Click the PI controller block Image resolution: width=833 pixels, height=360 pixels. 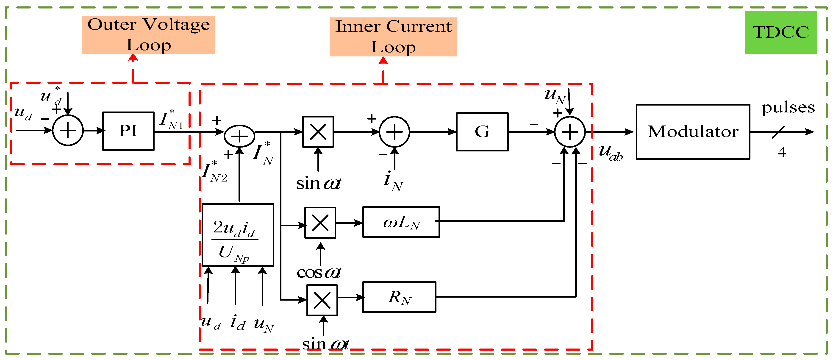coord(128,131)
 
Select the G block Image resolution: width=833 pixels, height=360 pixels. coord(482,132)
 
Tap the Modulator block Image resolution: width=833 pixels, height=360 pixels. coord(693,132)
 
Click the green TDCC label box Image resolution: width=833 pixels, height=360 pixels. coord(781,32)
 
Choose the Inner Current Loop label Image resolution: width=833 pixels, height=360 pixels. coord(393,36)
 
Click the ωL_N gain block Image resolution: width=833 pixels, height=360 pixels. coord(401,222)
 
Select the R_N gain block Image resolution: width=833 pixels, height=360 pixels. coord(399,297)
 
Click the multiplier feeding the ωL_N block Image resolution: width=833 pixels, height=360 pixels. coord(320,223)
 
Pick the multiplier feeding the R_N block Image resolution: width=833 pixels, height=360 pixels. coord(322,300)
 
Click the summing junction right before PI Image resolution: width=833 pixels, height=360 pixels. coord(68,130)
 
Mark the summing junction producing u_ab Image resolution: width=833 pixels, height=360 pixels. coord(570,132)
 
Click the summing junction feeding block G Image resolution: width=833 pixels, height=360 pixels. coord(394,132)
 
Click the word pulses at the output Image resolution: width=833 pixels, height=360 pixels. coord(788,108)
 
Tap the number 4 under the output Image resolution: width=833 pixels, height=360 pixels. coord(782,152)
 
